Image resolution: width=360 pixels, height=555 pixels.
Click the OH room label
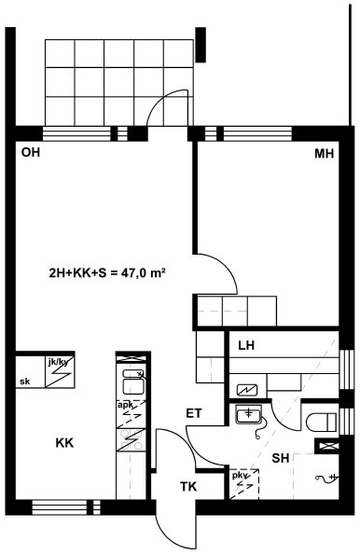click(31, 153)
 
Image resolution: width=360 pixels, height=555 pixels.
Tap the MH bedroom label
click(325, 154)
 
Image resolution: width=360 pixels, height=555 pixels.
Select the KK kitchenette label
click(64, 443)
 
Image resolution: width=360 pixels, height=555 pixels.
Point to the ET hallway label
click(194, 413)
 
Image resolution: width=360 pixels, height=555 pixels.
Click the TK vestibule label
click(188, 486)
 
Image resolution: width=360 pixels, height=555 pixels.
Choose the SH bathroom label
click(281, 458)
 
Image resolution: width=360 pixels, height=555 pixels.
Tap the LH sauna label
click(246, 345)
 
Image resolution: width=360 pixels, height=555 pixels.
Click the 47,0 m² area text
click(144, 272)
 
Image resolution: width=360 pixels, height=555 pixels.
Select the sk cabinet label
click(25, 382)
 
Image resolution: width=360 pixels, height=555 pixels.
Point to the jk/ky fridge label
click(59, 361)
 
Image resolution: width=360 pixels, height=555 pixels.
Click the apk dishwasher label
click(125, 404)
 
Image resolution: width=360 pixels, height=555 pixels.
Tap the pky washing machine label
click(241, 476)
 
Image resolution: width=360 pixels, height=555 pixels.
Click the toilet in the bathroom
click(321, 423)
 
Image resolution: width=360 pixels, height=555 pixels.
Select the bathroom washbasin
click(248, 414)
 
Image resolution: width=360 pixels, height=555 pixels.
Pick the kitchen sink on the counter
click(132, 382)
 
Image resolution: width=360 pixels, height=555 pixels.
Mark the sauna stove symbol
click(248, 390)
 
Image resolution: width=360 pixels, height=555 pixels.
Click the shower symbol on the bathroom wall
click(326, 478)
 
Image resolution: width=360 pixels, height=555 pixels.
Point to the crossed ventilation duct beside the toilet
click(327, 446)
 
